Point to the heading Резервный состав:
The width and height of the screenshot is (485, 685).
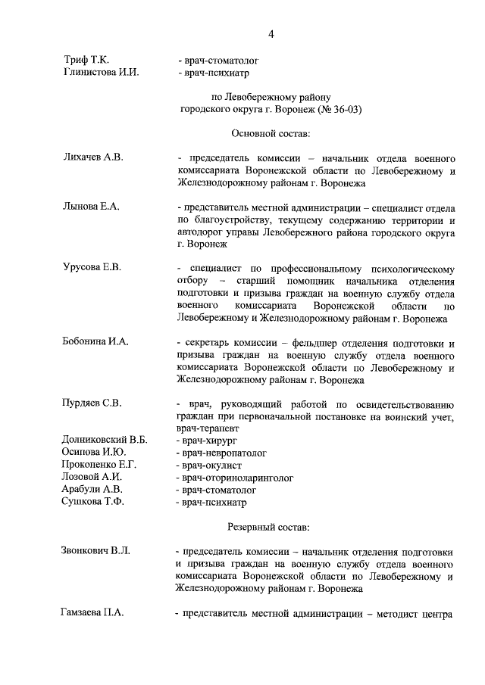tap(271, 525)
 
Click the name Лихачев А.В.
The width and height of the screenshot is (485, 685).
tap(92, 157)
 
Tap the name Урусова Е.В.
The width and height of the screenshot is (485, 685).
tap(92, 267)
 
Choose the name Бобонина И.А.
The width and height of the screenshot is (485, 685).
tap(95, 341)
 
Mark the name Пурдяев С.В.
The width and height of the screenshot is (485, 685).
tap(92, 403)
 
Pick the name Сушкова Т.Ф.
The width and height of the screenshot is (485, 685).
tap(92, 502)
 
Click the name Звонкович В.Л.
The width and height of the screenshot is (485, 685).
tap(95, 550)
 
